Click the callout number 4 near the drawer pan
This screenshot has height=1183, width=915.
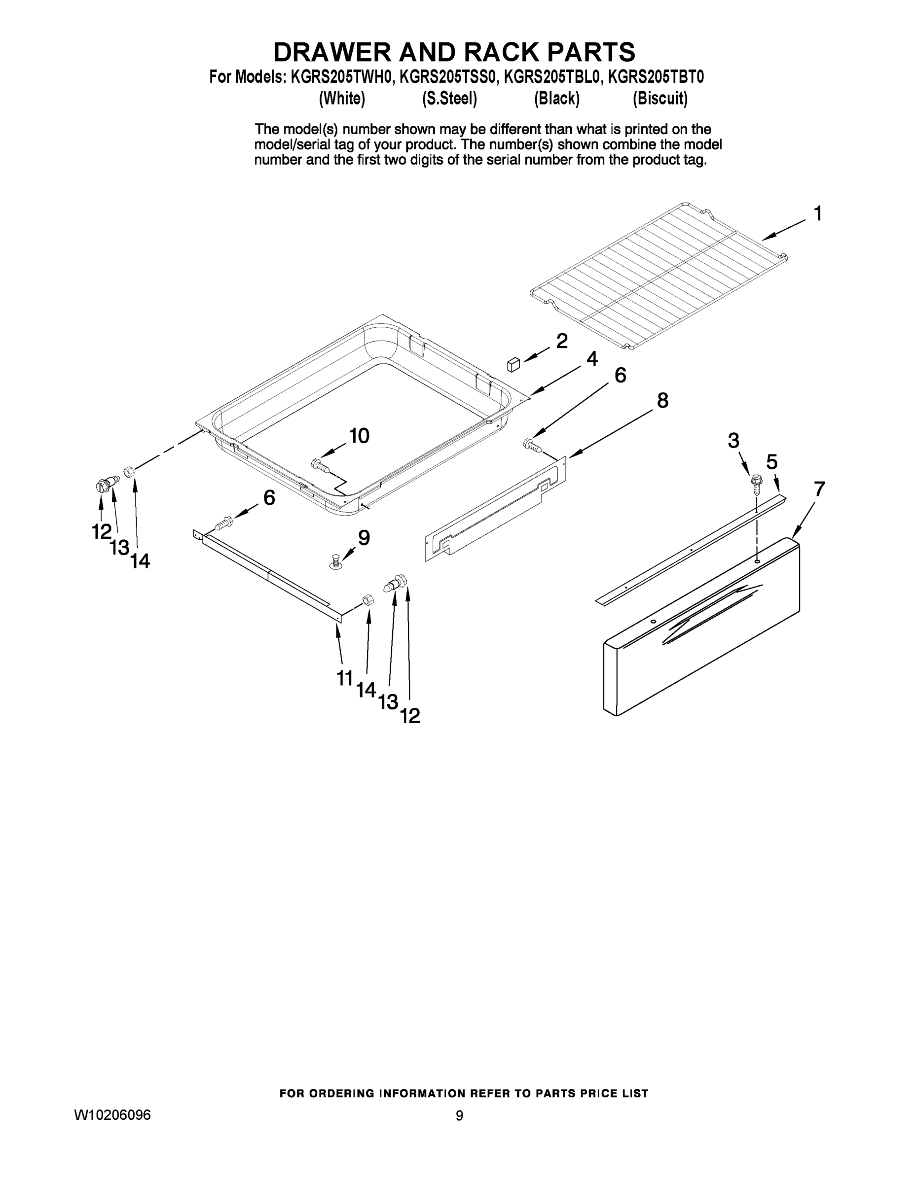click(592, 358)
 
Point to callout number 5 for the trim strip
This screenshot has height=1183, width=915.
click(772, 462)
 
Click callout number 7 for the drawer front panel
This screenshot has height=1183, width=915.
click(819, 489)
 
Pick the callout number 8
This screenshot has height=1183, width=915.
click(662, 400)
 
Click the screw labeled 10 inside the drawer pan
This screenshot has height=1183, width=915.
click(320, 465)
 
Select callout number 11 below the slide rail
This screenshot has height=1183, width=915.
click(345, 678)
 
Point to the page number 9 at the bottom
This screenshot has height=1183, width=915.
click(459, 1116)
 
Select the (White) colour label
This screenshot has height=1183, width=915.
click(342, 99)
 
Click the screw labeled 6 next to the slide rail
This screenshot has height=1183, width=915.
click(224, 523)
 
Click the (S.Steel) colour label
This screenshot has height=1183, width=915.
click(449, 99)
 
